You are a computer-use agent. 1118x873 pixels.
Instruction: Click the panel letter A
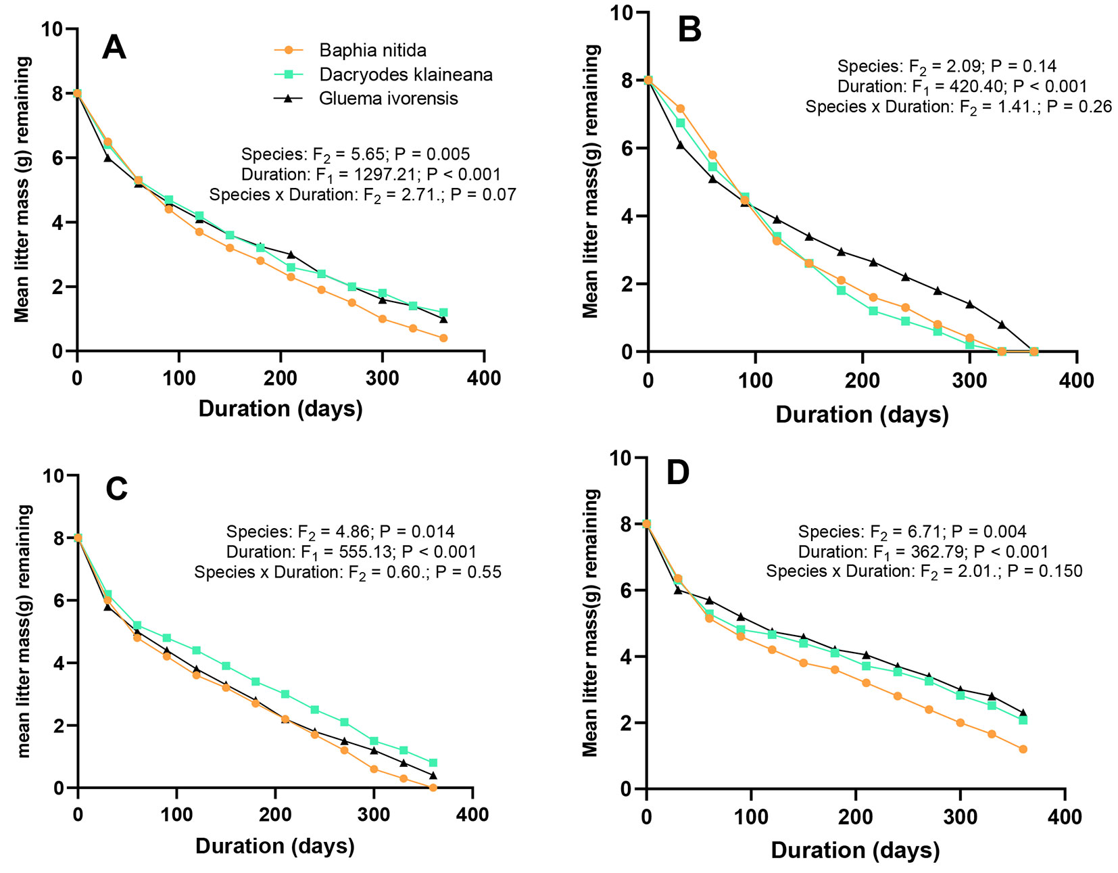114,48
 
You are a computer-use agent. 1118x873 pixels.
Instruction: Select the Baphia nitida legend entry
372,51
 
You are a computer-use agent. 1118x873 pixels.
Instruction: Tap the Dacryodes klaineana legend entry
406,74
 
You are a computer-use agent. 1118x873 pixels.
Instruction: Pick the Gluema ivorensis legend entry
388,99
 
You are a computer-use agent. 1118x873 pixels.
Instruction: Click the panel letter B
689,30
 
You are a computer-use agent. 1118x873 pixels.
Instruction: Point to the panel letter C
116,489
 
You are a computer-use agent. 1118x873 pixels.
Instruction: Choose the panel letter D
678,473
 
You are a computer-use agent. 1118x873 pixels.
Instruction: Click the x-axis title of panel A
281,408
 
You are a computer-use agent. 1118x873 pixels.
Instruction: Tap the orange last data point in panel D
1023,749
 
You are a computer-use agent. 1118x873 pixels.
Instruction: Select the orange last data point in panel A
443,338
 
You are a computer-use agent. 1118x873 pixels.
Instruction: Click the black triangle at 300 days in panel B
970,304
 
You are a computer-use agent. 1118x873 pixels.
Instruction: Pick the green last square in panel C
433,763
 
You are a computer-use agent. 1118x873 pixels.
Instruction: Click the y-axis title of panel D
591,623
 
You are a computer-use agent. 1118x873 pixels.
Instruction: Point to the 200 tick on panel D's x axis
856,817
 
